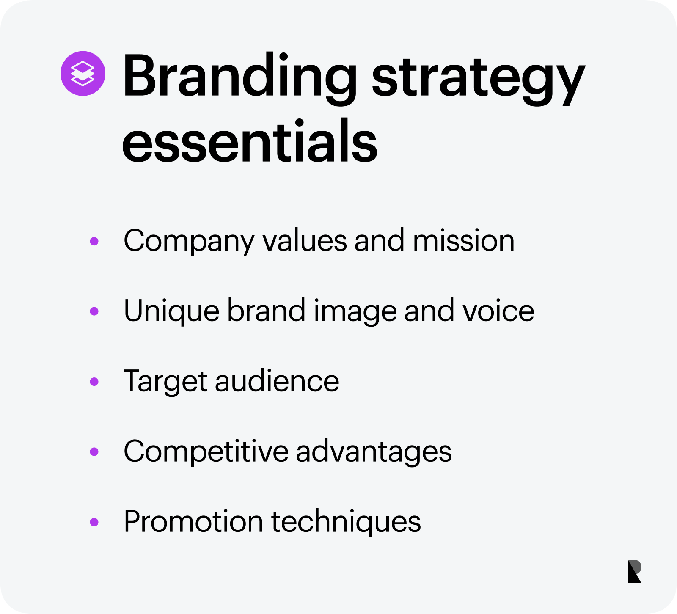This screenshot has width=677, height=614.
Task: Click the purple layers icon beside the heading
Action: coord(83,74)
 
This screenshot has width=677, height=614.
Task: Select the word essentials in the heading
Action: coord(250,140)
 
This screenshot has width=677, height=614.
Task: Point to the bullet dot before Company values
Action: coord(94,241)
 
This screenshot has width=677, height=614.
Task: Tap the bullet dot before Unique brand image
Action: coord(94,311)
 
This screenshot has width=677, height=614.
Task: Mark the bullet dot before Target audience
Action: coord(94,382)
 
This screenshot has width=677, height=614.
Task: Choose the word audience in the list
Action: coord(277,381)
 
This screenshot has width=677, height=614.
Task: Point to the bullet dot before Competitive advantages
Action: coord(94,452)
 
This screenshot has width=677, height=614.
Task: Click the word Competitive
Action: coord(206,452)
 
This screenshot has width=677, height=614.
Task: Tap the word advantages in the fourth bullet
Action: coord(374,452)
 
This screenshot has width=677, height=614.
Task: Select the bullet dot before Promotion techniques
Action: coord(94,522)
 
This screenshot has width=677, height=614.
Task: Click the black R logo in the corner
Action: coord(634,571)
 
